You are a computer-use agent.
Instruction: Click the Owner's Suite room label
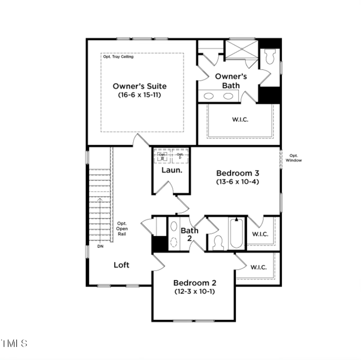[x=139, y=86]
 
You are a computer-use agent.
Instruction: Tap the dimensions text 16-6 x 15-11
[x=139, y=95]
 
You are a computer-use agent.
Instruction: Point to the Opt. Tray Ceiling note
[x=117, y=57]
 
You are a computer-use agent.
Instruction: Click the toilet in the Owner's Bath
[x=270, y=57]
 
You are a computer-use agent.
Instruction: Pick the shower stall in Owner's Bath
[x=241, y=50]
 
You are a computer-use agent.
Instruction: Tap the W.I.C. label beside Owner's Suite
[x=241, y=120]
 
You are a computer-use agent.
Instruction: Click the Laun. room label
[x=172, y=170]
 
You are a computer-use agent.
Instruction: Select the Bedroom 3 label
[x=237, y=173]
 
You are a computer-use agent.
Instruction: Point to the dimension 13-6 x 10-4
[x=237, y=182]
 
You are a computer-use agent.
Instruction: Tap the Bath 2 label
[x=190, y=234]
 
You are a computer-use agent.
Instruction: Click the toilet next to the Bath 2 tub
[x=218, y=242]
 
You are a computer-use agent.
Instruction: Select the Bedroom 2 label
[x=195, y=283]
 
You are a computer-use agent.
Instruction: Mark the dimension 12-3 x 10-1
[x=195, y=292]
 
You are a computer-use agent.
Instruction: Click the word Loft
[x=121, y=265]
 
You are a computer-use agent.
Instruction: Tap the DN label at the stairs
[x=100, y=247]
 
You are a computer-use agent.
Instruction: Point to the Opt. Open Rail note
[x=122, y=228]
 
